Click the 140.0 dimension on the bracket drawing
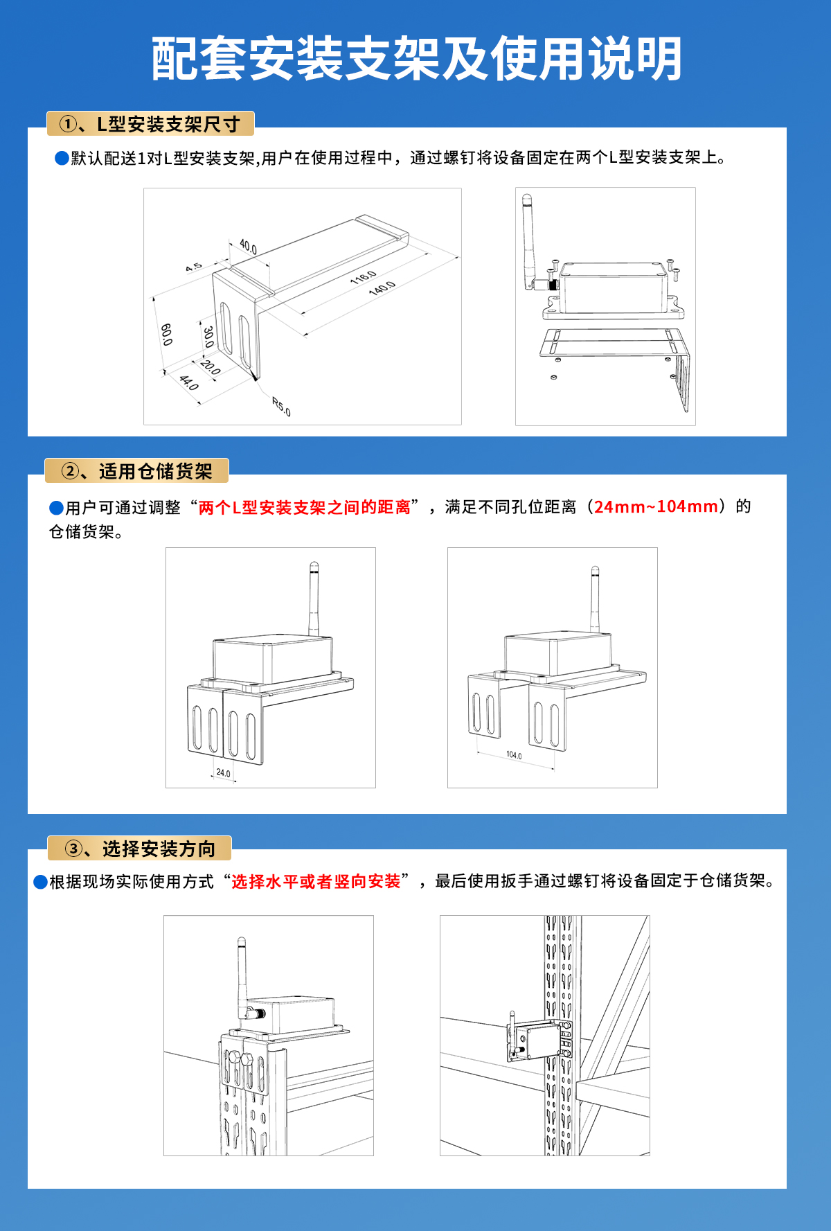click(x=382, y=288)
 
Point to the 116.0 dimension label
click(x=363, y=277)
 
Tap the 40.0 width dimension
click(x=248, y=246)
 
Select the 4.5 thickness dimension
click(x=194, y=267)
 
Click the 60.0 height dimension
click(x=166, y=334)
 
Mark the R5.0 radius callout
click(x=281, y=407)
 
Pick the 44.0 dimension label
click(x=189, y=382)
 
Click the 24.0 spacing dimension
click(x=223, y=773)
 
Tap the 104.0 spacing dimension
click(x=514, y=755)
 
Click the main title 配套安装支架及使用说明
click(x=416, y=60)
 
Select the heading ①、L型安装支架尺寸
click(x=150, y=124)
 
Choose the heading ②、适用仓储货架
click(x=136, y=472)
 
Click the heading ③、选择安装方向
click(x=139, y=849)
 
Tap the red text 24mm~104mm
click(x=656, y=506)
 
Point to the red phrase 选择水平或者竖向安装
click(x=316, y=881)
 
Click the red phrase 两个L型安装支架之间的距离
click(x=305, y=507)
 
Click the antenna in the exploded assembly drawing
click(x=530, y=239)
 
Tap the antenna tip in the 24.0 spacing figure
click(x=314, y=567)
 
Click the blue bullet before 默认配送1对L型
click(x=62, y=159)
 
